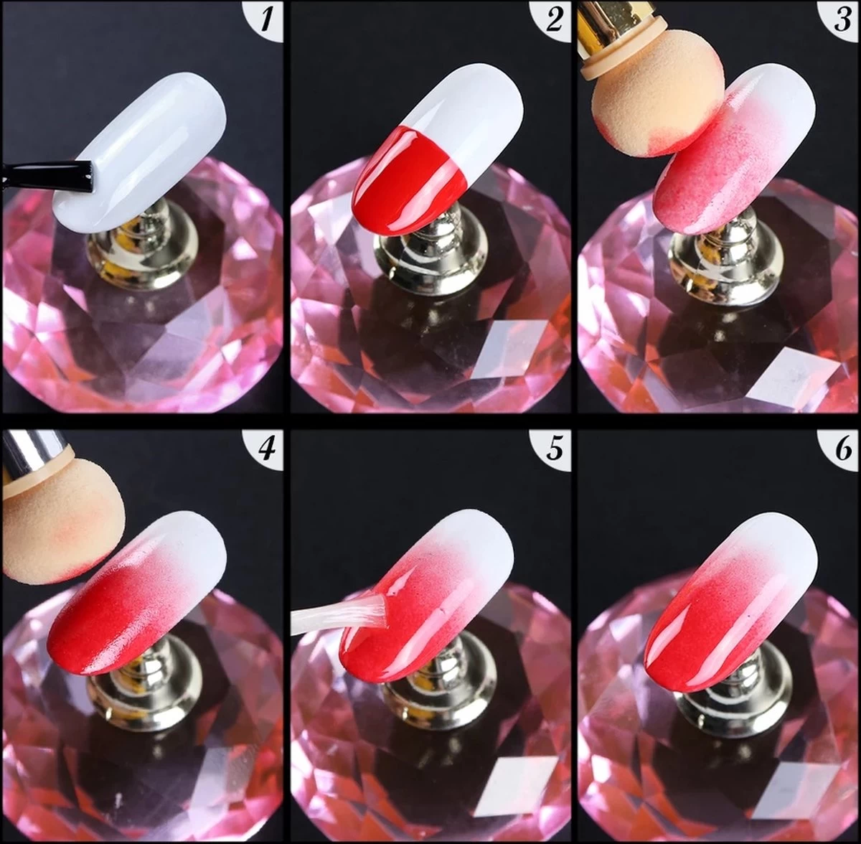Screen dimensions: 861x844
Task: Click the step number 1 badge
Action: coord(267,19)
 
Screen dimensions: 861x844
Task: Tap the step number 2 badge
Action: coord(555,19)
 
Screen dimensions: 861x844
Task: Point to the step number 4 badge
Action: coord(267,449)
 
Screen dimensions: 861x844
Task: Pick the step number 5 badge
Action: coord(555,449)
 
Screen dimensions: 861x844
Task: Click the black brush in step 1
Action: coord(50,176)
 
